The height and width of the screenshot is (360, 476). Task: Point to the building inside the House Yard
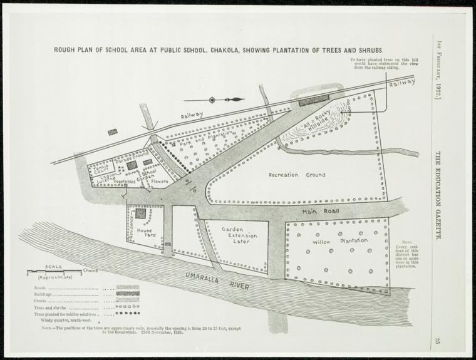pos(141,213)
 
